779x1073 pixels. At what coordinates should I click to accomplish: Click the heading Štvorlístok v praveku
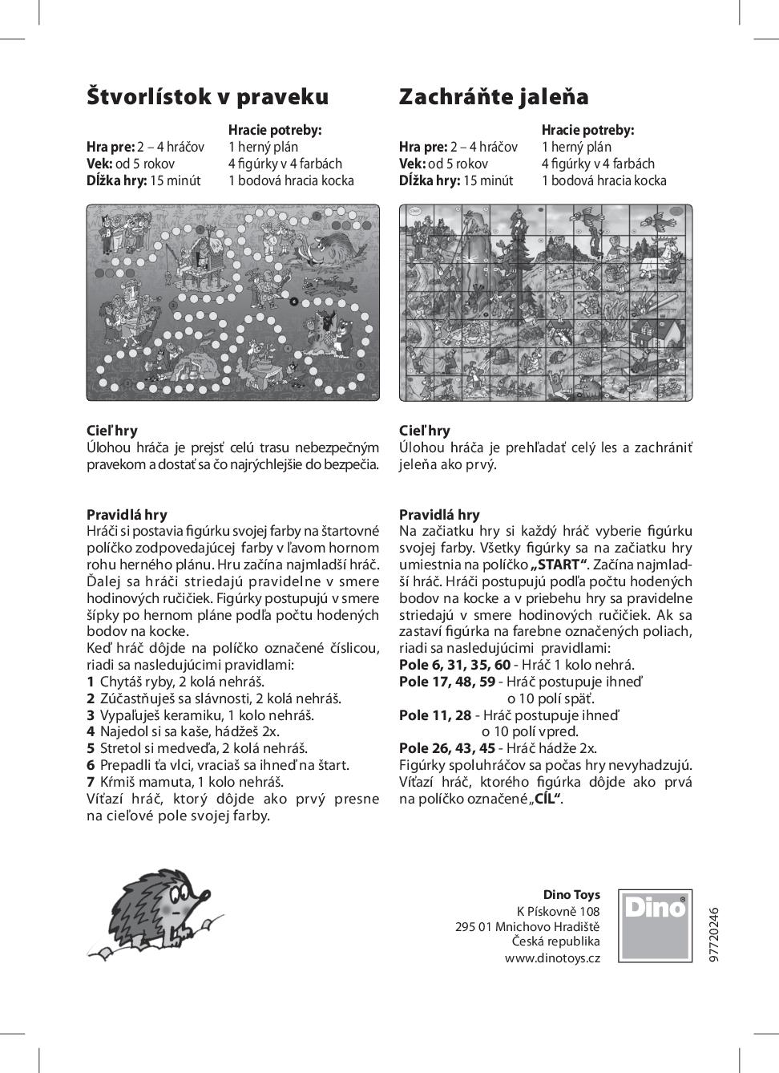pos(208,97)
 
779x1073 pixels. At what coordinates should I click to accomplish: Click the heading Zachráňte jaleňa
pos(494,97)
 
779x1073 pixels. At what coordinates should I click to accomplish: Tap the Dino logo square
pos(655,926)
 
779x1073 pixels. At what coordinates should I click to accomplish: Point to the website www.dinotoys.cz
pos(551,958)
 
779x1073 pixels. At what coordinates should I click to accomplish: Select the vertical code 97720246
pos(715,934)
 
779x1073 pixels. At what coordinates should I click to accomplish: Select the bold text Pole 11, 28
pos(435,715)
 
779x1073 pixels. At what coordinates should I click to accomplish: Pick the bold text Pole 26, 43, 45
pos(447,748)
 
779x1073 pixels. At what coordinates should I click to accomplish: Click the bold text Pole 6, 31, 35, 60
pos(454,664)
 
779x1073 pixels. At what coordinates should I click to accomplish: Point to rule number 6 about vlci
pos(218,765)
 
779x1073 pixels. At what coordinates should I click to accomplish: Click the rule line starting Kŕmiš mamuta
pos(186,782)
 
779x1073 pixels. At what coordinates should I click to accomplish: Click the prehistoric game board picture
pos(233,302)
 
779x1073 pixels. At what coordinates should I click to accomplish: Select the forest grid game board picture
pos(546,302)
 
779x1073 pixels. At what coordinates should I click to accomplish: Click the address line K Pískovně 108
pos(558,911)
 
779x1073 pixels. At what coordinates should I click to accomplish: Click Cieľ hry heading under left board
pos(112,431)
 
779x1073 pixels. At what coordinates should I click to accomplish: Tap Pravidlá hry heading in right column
pos(439,515)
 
